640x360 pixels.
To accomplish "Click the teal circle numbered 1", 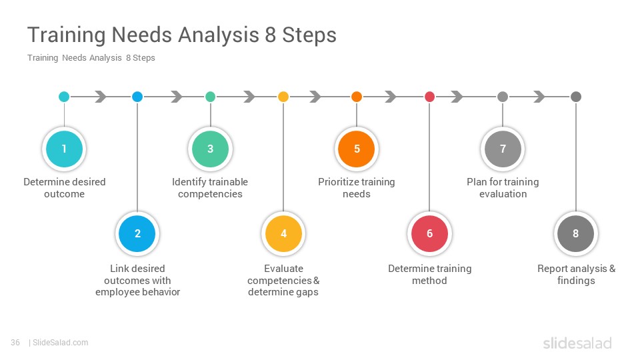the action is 64,149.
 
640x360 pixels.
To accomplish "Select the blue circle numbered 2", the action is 137,233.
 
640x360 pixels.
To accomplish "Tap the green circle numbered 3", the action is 210,149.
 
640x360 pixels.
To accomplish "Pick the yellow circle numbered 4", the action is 283,233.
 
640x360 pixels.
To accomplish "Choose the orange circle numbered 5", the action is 356,149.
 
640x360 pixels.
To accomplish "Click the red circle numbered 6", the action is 429,233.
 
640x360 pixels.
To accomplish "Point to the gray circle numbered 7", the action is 503,149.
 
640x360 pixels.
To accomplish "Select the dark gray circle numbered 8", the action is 575,233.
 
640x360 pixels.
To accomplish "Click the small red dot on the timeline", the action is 429,97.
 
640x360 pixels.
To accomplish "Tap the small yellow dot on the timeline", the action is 283,97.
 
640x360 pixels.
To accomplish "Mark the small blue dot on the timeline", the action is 137,97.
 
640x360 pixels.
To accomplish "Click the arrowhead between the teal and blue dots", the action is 101,97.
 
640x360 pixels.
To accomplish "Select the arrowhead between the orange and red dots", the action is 391,97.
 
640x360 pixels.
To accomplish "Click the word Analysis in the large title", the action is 219,35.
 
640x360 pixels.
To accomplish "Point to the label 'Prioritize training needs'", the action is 356,188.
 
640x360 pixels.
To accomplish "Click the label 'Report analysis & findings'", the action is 576,274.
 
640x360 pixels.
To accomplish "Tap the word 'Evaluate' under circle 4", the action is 283,269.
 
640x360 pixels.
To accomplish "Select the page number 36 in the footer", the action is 15,343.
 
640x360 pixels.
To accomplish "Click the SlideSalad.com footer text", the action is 60,343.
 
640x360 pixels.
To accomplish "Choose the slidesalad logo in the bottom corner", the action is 577,343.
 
